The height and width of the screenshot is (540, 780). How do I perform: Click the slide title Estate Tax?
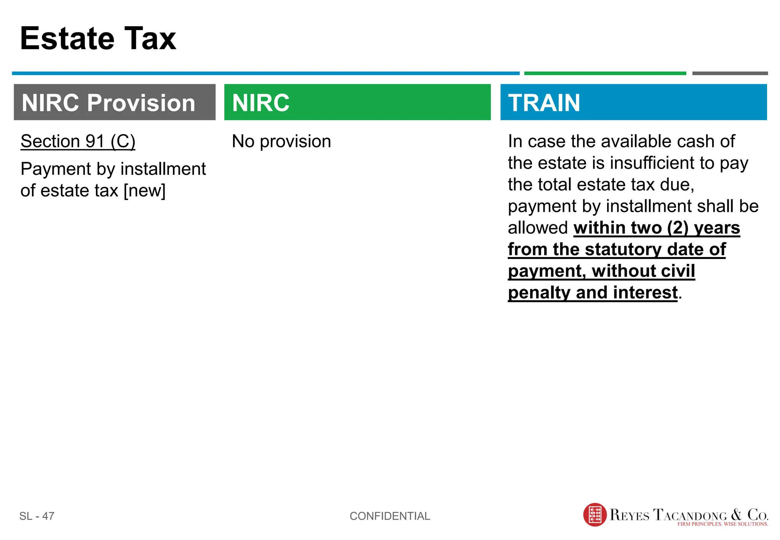point(98,38)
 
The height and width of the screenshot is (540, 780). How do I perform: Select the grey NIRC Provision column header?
point(114,102)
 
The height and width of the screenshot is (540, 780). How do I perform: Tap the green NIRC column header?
point(357,102)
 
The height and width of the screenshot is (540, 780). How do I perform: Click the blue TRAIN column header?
point(633,102)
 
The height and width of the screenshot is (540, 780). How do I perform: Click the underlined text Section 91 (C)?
point(78,141)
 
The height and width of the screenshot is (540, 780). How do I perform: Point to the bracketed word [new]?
point(144,190)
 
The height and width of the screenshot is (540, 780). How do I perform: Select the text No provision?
point(281,141)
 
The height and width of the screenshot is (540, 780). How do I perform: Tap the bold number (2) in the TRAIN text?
point(678,228)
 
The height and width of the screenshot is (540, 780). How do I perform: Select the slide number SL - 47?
point(37,516)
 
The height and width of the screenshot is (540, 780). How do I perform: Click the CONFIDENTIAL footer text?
point(390,516)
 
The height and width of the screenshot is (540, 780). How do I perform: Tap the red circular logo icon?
point(595,515)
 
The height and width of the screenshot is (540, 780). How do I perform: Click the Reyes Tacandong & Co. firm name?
point(688,514)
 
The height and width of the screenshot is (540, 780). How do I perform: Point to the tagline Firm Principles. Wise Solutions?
point(722,524)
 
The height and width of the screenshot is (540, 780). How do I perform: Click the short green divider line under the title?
point(605,73)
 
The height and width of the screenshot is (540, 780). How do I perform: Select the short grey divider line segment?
point(730,73)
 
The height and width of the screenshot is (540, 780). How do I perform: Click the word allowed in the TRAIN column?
point(538,228)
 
